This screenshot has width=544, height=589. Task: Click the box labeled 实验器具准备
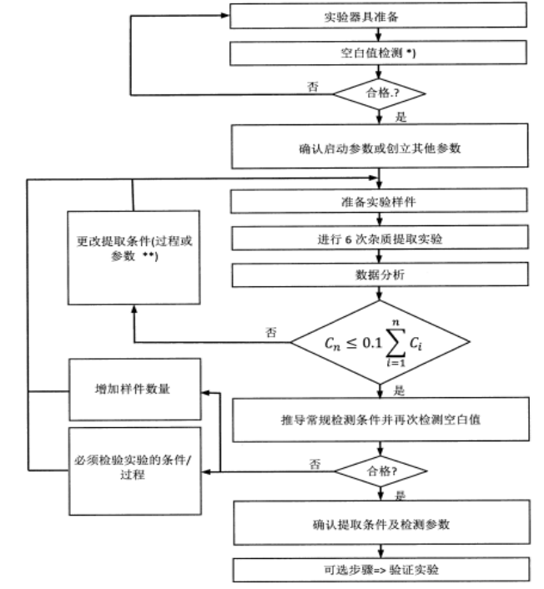[x=379, y=16]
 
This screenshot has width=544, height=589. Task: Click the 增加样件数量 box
[x=134, y=390]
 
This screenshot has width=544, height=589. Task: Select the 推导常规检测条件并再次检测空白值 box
[x=379, y=419]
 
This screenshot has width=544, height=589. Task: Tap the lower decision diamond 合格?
[x=379, y=472]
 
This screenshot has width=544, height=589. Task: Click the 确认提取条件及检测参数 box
[x=379, y=523]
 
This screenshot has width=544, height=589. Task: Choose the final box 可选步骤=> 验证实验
[x=379, y=570]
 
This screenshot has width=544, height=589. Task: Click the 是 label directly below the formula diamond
[x=398, y=390]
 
